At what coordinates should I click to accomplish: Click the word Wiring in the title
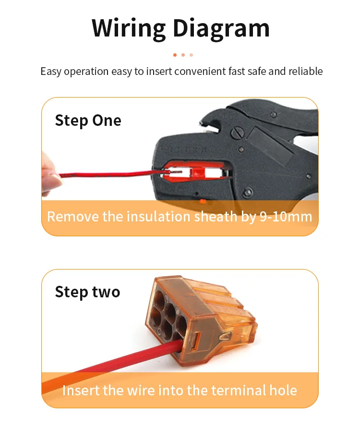pos(129,29)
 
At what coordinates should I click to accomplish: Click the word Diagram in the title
pos(221,29)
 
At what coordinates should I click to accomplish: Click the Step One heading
pos(88,121)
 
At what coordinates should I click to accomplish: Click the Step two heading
pos(87,293)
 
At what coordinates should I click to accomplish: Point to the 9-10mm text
pos(286,217)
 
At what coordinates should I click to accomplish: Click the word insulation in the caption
pos(159,217)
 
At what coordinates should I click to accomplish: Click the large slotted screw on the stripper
pos(237,134)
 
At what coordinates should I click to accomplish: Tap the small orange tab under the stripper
pos(203,201)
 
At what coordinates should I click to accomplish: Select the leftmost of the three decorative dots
pos(175,55)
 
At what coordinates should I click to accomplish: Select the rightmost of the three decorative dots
pos(191,55)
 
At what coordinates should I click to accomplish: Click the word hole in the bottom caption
pos(283,391)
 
